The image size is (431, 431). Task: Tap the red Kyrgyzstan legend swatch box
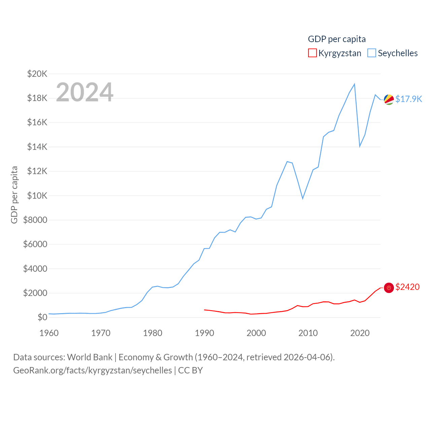(x=312, y=53)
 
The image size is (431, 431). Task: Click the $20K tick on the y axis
(x=37, y=74)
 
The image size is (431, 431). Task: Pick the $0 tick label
(x=42, y=318)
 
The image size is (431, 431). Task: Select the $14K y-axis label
(x=37, y=147)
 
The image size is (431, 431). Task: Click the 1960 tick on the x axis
(x=49, y=333)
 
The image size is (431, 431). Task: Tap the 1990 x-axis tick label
(x=204, y=333)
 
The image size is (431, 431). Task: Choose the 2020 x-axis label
(x=360, y=333)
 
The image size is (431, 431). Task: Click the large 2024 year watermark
(x=85, y=92)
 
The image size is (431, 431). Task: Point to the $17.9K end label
(x=408, y=99)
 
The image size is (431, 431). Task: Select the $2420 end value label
(x=407, y=287)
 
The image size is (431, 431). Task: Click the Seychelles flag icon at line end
(x=389, y=100)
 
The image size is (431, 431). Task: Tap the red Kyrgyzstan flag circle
(x=389, y=288)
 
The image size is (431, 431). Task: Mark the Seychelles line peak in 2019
(x=355, y=84)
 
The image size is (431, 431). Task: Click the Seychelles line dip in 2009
(x=303, y=198)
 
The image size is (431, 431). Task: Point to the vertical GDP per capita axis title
(x=14, y=195)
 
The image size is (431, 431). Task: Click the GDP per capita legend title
(x=337, y=39)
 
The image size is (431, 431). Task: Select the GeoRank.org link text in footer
(x=93, y=370)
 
